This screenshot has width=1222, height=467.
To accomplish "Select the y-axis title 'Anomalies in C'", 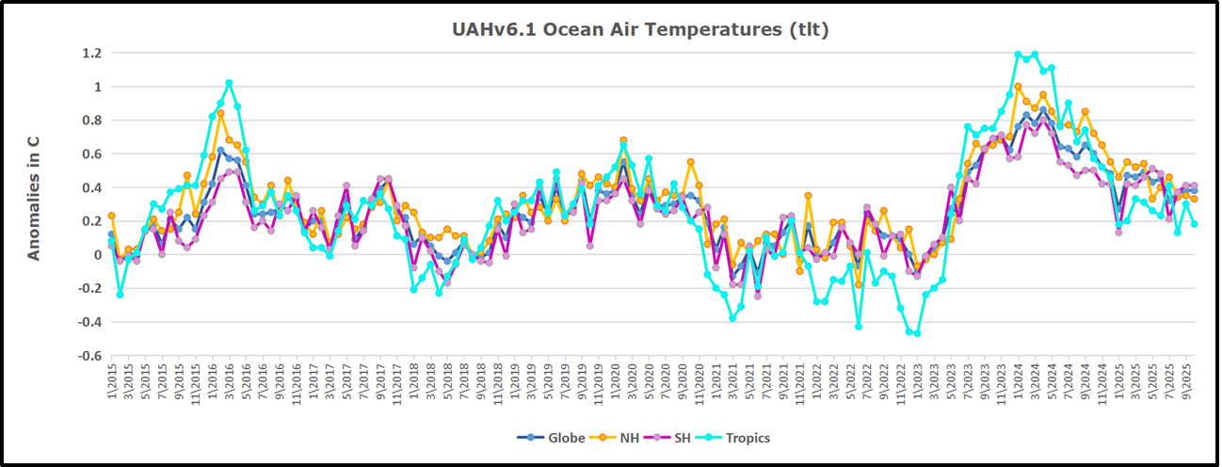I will point(33,197).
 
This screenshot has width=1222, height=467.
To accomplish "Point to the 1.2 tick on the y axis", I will point(90,53).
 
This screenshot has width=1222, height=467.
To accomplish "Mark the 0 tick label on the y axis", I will point(96,255).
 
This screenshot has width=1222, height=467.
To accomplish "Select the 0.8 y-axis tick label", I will point(90,120).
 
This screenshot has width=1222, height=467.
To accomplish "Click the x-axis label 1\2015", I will point(111,381).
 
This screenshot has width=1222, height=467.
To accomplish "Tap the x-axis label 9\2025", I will point(1194,381).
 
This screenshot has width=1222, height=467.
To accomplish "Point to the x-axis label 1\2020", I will point(623,381).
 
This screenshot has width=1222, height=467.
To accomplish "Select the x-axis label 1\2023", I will point(917,381).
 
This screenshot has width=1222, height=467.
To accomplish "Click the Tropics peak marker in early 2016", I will point(229,83).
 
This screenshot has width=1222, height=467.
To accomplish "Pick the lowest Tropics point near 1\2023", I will point(917,333).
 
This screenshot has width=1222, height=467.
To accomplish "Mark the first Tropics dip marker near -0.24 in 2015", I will point(120,295).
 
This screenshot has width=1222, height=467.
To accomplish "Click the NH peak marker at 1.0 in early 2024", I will point(1019,87).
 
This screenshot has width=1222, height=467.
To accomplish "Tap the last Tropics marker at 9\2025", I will point(1194,224).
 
